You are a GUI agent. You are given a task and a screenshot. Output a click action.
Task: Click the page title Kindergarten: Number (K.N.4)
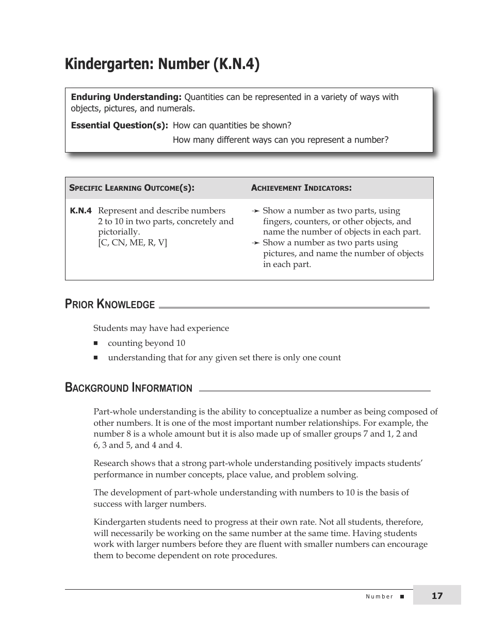162,64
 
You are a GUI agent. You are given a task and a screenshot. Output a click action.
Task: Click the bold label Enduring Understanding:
126,97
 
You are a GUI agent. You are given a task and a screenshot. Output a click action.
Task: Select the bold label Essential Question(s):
119,125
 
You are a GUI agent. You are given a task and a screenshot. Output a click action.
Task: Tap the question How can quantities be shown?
232,125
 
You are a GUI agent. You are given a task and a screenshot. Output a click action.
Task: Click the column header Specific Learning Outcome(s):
132,188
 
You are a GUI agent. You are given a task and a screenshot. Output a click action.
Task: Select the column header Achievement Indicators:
301,188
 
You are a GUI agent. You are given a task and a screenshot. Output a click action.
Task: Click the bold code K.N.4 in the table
80,211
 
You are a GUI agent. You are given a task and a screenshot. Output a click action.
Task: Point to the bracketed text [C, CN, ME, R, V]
133,243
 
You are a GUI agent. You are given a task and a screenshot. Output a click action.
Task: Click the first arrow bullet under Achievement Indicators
255,211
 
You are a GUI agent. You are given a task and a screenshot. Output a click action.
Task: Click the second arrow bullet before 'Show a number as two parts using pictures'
255,243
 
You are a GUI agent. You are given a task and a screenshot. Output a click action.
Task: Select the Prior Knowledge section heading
110,304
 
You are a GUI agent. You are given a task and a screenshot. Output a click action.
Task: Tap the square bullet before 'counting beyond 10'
96,343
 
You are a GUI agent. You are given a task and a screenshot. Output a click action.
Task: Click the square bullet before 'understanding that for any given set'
96,358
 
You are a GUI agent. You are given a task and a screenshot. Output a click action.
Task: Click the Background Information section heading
128,388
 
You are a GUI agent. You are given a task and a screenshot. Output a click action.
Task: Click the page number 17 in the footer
437,596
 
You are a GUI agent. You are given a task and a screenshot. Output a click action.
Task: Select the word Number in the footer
379,597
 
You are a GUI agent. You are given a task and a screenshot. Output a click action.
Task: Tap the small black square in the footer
402,597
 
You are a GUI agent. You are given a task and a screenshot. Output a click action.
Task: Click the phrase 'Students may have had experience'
161,328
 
